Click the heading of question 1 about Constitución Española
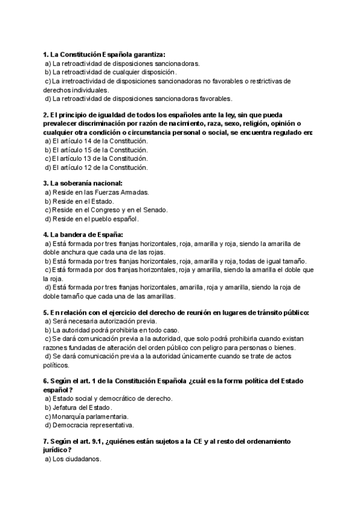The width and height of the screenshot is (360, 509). point(104,54)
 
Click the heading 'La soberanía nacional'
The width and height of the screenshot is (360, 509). point(83,183)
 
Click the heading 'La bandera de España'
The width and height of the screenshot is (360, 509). point(83,235)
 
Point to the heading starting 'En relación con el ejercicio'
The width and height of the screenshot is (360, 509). point(176,313)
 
